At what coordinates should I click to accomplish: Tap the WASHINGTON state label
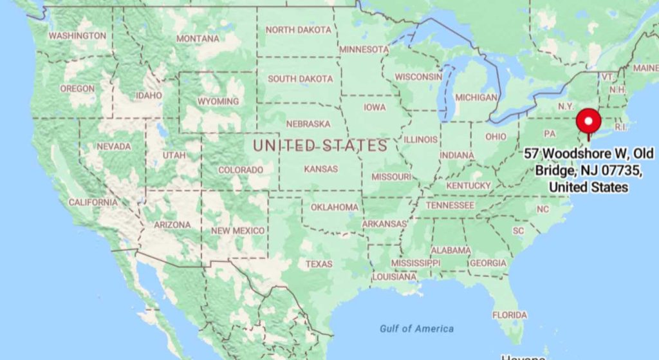pos(77,35)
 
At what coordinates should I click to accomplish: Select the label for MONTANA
pos(198,39)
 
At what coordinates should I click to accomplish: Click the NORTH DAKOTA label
pos(299,30)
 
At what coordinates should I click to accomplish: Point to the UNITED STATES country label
pos(320,146)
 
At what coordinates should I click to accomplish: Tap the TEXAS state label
pos(319,264)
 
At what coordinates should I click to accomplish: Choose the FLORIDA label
pos(510,315)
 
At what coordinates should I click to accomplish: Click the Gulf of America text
pos(416,328)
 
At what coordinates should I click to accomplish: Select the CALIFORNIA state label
pos(93,202)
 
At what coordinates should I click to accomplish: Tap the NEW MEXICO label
pos(237,231)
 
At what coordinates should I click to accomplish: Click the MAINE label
pos(645,68)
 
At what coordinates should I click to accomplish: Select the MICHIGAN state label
pos(476,97)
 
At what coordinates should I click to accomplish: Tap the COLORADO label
pos(241,170)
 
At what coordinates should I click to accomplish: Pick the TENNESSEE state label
pos(450,205)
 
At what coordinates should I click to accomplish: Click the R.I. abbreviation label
pos(620,127)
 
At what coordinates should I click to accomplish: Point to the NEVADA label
pos(114,147)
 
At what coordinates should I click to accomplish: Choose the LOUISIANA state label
pos(394,276)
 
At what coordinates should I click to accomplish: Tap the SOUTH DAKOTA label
pos(301,79)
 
